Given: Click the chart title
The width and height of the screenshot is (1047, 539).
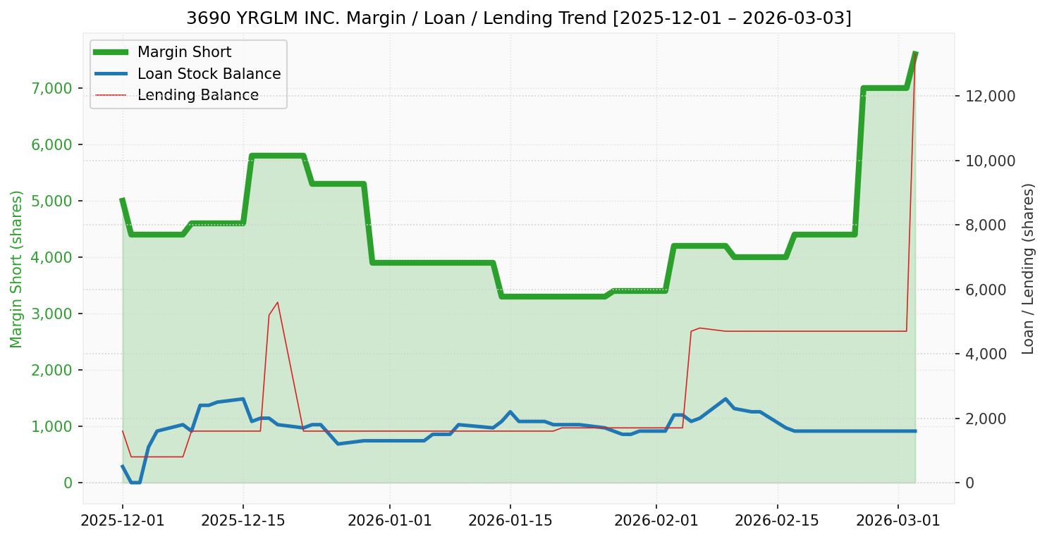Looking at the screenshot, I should pos(518,18).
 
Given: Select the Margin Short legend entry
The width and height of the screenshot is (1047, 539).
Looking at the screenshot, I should pos(184,52).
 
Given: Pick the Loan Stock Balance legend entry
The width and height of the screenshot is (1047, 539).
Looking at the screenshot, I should pos(209,74).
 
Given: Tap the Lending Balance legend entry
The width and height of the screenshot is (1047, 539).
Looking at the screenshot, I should pos(197,95).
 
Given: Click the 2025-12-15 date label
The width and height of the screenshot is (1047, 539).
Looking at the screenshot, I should pos(243,521).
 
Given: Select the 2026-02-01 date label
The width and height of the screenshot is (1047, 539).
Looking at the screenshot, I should pos(656,521).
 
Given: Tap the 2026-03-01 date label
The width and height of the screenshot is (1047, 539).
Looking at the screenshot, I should pos(898,521).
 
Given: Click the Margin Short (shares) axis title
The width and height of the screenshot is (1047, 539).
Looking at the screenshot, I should pos(16,269).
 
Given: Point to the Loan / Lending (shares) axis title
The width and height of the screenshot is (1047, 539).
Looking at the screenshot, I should pos(1028,269).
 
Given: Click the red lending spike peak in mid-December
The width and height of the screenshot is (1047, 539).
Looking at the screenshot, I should pos(277,302).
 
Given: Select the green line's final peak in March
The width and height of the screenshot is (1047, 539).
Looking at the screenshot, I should pos(914,54).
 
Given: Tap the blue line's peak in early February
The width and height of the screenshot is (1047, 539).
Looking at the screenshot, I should pos(725,399).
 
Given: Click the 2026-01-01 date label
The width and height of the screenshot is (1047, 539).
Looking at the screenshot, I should pos(389,521).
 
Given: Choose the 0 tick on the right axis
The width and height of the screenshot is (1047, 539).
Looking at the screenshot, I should pos(969,483).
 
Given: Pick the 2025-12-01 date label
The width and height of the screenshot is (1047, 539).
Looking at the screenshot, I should pos(122,521).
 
